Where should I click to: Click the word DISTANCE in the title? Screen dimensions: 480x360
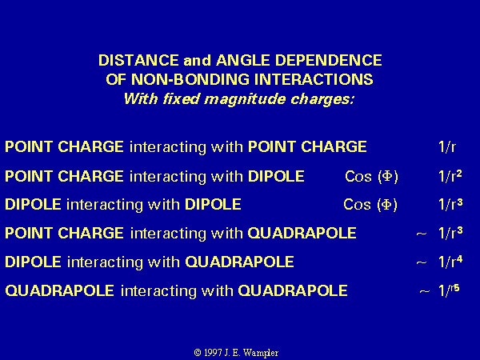[138, 60]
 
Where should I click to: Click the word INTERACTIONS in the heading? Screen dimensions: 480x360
[314, 79]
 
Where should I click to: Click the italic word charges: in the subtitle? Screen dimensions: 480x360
[322, 99]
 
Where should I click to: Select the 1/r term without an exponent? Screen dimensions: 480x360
[447, 146]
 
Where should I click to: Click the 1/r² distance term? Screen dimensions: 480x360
[450, 176]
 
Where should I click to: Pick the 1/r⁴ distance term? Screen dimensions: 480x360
[450, 262]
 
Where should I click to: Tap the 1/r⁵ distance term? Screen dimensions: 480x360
[449, 290]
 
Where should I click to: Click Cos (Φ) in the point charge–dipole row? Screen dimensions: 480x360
[371, 176]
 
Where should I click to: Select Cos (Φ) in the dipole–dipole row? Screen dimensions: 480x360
[370, 205]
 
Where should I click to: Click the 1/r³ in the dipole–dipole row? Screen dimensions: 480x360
[450, 204]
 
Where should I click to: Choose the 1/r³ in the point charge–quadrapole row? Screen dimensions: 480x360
[450, 233]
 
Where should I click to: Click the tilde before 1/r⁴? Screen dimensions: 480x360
[422, 262]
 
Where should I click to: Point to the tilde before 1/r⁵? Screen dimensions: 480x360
[425, 291]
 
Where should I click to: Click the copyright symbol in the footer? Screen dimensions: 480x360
[198, 353]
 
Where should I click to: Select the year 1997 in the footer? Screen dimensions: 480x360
[213, 353]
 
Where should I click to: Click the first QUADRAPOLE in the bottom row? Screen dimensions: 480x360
[60, 290]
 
